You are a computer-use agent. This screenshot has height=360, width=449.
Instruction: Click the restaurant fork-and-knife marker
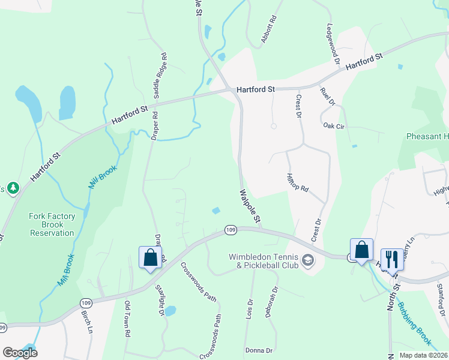point(391,260)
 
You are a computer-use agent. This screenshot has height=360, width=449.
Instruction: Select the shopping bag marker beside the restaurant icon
point(362,250)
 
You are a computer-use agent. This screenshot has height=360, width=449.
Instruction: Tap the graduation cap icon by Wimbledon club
point(309,260)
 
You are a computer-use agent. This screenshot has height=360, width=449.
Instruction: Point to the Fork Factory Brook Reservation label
point(52,224)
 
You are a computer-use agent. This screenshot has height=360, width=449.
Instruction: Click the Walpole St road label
point(250,208)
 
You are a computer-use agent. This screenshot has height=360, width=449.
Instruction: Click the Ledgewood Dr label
point(332,41)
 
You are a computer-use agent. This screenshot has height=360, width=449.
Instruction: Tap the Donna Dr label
point(259,350)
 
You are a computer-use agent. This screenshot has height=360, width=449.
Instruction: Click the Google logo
point(20,352)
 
